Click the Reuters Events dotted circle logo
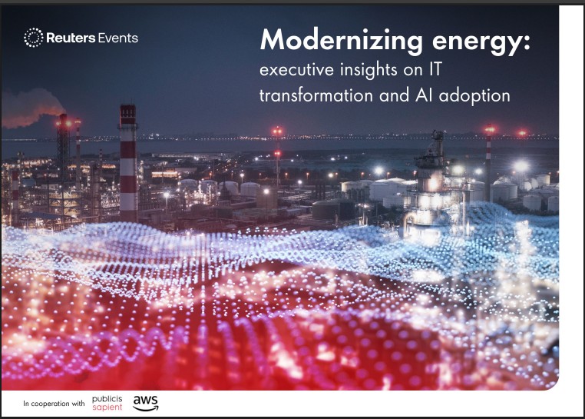click(x=34, y=38)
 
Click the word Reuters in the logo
click(x=71, y=38)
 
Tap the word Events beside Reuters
click(x=118, y=38)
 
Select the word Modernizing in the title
click(x=342, y=41)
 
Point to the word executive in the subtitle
click(x=296, y=69)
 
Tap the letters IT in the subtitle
click(x=435, y=69)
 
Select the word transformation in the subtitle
click(x=316, y=95)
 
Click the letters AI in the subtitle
click(x=423, y=95)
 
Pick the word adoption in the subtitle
click(x=474, y=96)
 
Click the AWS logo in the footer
click(x=146, y=404)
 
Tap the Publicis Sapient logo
click(x=107, y=404)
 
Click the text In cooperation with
click(x=54, y=404)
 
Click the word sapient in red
click(x=107, y=407)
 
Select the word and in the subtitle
click(x=394, y=95)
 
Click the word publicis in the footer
click(x=107, y=399)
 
